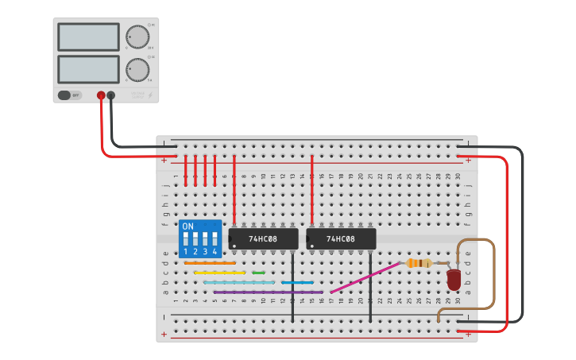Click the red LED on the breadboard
(x=454, y=279)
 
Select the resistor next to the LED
(x=419, y=263)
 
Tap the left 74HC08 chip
(x=263, y=238)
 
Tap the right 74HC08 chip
(x=341, y=238)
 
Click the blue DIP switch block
(x=199, y=238)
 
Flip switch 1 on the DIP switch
(x=186, y=239)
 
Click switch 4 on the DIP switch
(x=215, y=239)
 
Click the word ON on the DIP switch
(x=187, y=226)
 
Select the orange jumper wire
(x=210, y=263)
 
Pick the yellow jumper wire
(x=219, y=273)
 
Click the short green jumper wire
(x=258, y=273)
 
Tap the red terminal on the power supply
(x=101, y=95)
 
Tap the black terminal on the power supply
(x=110, y=95)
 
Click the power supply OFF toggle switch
(x=69, y=95)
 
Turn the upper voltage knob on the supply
(x=137, y=37)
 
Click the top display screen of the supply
(x=88, y=37)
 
